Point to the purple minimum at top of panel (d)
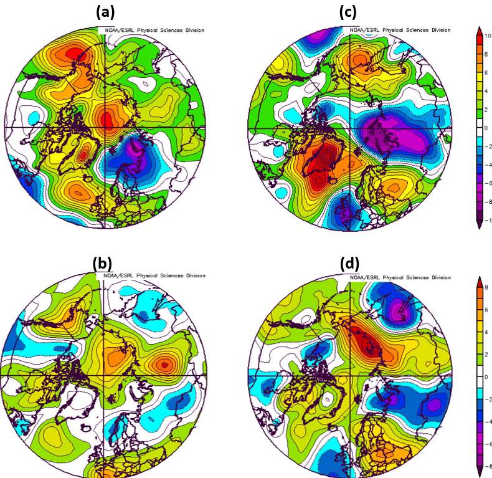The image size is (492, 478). (399, 308)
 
